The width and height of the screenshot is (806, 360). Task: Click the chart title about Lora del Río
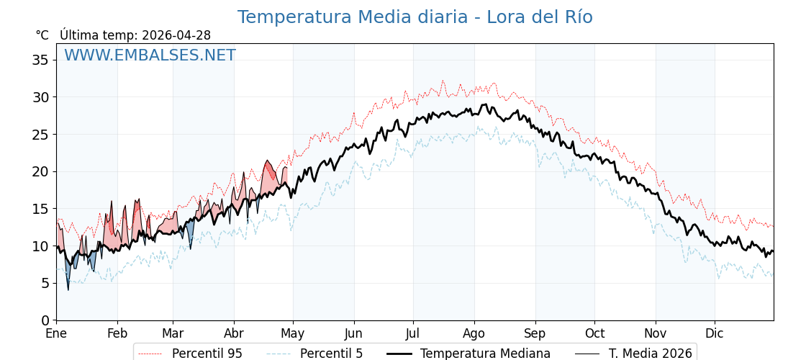click(x=415, y=17)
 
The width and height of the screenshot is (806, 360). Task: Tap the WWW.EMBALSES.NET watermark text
click(x=150, y=55)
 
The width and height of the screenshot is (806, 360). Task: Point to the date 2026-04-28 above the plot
click(x=176, y=35)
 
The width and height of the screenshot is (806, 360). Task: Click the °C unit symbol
click(x=42, y=35)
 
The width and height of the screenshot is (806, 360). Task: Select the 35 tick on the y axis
click(x=40, y=60)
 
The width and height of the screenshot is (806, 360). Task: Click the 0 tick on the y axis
click(x=45, y=320)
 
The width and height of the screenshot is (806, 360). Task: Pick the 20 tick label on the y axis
click(x=40, y=171)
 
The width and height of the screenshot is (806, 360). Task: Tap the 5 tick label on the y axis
click(x=45, y=283)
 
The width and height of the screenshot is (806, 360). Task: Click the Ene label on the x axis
click(x=56, y=333)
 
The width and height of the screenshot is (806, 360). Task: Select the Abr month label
click(x=234, y=333)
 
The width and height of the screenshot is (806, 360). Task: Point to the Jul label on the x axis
click(x=413, y=333)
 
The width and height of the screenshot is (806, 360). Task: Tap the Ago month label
click(x=474, y=333)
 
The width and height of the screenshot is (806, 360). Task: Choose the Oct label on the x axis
click(x=594, y=333)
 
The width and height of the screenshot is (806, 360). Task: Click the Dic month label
click(x=715, y=333)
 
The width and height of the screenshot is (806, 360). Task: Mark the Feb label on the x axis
click(x=117, y=333)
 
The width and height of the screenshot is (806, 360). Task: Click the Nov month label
click(x=656, y=333)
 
